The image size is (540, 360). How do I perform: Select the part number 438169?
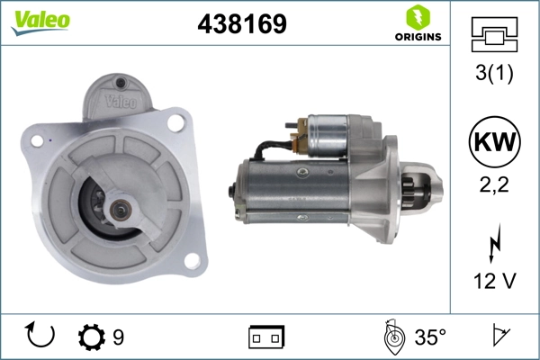[x=242, y=24]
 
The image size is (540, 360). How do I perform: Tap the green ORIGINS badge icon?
[x=417, y=17]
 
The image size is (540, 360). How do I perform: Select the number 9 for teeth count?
[x=119, y=337]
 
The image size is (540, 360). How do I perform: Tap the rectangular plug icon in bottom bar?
[x=266, y=337]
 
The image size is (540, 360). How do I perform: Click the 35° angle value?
[x=430, y=337]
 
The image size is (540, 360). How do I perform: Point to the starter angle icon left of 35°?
[x=391, y=337]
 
